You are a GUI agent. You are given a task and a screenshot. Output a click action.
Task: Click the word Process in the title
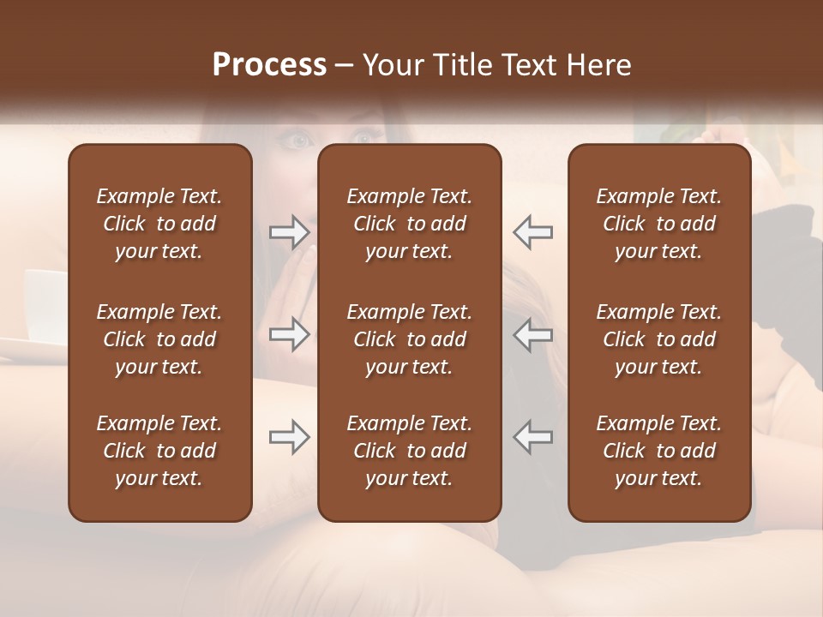pyautogui.click(x=269, y=65)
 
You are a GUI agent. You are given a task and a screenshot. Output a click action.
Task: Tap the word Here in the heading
pyautogui.click(x=598, y=65)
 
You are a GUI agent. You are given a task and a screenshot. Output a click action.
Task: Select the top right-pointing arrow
pyautogui.click(x=289, y=232)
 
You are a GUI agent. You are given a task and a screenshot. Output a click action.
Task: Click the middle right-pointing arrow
pyautogui.click(x=289, y=334)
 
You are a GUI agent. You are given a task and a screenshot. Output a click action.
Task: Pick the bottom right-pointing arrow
pyautogui.click(x=289, y=437)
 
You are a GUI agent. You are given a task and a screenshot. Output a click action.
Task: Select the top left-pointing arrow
pyautogui.click(x=532, y=232)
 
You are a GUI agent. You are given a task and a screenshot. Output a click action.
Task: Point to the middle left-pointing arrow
pyautogui.click(x=532, y=334)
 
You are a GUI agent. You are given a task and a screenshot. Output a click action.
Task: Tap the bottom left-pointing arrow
pyautogui.click(x=532, y=437)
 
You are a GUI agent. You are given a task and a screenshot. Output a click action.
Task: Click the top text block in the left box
pyautogui.click(x=159, y=224)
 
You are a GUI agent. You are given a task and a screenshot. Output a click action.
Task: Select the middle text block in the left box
pyautogui.click(x=159, y=339)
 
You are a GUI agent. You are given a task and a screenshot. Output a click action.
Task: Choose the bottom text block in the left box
pyautogui.click(x=159, y=451)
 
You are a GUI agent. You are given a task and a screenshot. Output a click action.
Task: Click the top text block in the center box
pyautogui.click(x=409, y=224)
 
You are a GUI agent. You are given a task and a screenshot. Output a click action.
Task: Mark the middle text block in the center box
pyautogui.click(x=409, y=339)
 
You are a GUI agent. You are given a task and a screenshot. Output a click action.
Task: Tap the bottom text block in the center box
pyautogui.click(x=409, y=451)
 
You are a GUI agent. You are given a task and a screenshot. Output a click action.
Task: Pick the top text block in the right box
pyautogui.click(x=658, y=224)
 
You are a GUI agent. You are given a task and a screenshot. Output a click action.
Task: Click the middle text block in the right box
pyautogui.click(x=658, y=339)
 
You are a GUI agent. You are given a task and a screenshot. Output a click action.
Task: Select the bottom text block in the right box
pyautogui.click(x=658, y=451)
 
